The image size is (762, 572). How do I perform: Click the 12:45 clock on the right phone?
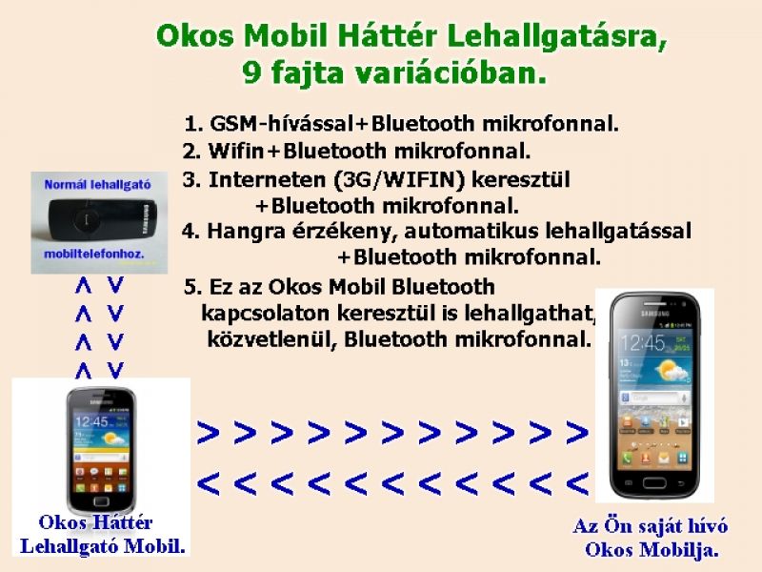(x=640, y=341)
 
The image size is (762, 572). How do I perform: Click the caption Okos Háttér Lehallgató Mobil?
(x=99, y=535)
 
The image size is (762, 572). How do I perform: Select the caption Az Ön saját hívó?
(x=651, y=525)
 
